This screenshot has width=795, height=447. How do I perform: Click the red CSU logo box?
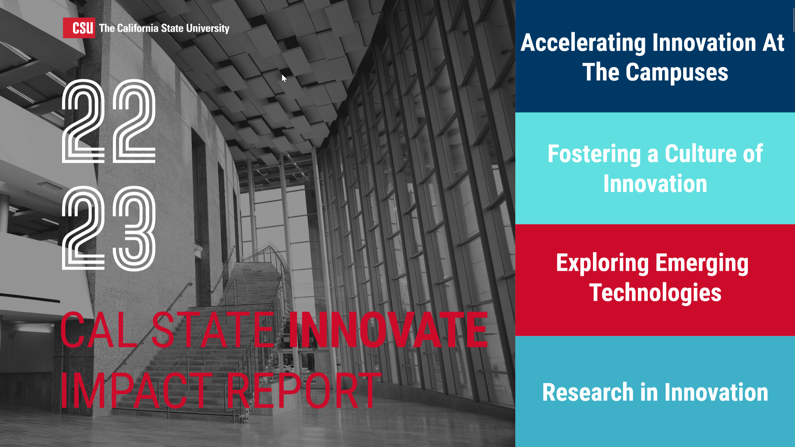coord(79,28)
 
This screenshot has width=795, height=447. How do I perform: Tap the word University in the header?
coord(208,28)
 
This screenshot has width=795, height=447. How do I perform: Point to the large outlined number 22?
coord(109,121)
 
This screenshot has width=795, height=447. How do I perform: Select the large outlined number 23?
coord(109,228)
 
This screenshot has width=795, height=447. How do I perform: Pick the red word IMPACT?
coord(136,391)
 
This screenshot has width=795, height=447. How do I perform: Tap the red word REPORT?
coord(304,391)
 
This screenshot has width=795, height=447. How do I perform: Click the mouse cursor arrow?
coord(284,78)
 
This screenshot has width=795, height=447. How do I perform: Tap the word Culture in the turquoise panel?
coord(701,154)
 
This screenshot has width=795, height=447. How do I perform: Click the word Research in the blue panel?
coord(588,392)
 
